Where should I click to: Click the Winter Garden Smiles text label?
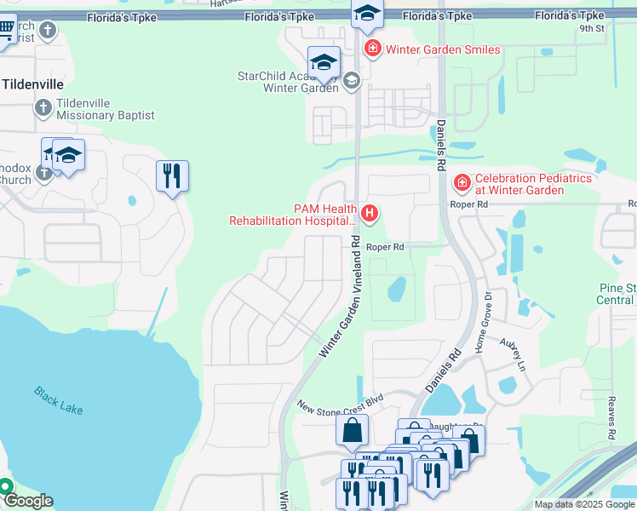(443, 49)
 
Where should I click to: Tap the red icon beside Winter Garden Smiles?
(372, 49)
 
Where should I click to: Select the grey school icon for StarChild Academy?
(352, 81)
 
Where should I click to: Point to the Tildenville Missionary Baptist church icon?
(43, 108)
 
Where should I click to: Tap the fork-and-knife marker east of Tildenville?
(172, 176)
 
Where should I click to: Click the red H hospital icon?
(370, 213)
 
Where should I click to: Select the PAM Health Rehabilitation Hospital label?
(291, 214)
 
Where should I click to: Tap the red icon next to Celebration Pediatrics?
(462, 183)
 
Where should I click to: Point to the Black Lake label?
(59, 400)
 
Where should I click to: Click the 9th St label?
(591, 28)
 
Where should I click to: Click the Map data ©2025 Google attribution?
(584, 504)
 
